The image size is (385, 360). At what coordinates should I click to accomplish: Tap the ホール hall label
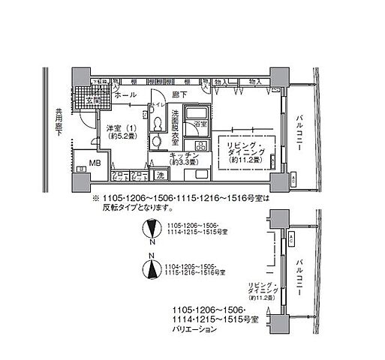pos(125,96)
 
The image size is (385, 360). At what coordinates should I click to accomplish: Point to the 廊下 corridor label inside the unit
pos(176,96)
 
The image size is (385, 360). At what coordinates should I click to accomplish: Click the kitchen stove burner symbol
pos(201,145)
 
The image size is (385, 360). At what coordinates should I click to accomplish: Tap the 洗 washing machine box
pos(159,175)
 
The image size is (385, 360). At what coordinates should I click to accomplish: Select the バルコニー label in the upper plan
pos(299,135)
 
